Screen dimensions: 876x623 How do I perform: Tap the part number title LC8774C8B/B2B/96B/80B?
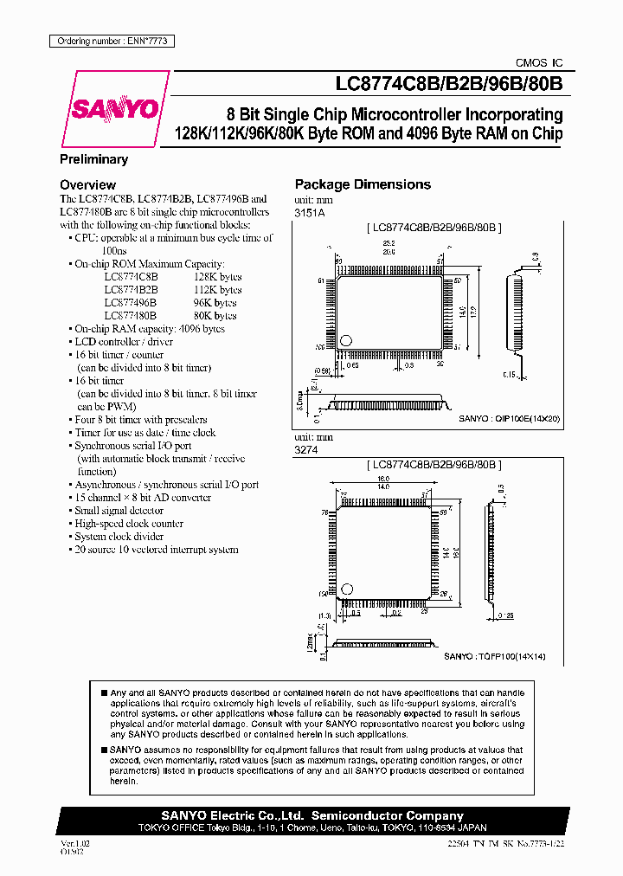click(x=448, y=85)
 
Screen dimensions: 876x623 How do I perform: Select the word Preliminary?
click(x=93, y=159)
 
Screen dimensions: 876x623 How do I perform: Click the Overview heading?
click(x=87, y=184)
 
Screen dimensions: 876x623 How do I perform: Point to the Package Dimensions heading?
click(x=363, y=184)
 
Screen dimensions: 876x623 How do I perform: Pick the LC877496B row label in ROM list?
click(x=130, y=303)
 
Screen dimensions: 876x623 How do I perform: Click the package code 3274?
click(x=306, y=451)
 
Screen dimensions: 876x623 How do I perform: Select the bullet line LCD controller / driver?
click(x=124, y=342)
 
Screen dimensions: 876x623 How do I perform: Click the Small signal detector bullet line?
click(x=119, y=511)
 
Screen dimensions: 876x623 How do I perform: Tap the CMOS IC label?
click(x=538, y=63)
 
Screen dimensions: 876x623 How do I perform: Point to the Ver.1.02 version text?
click(x=74, y=842)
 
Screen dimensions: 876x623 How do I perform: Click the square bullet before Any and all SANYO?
click(x=104, y=693)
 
